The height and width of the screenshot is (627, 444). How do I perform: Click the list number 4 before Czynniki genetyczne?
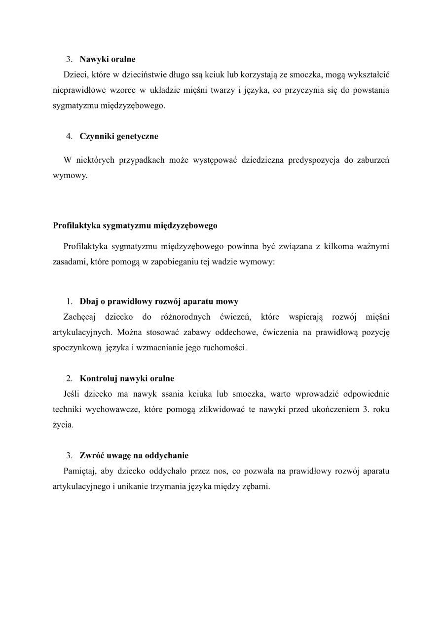(69, 137)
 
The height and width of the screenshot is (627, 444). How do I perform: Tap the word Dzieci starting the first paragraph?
(74, 74)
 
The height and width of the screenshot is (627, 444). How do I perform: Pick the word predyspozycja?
(316, 160)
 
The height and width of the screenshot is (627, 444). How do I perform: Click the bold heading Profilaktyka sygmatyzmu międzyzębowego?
(135, 225)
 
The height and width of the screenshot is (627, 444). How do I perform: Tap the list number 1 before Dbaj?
(69, 301)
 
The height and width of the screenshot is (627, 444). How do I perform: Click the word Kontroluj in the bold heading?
(97, 378)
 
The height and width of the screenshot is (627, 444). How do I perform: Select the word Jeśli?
(73, 394)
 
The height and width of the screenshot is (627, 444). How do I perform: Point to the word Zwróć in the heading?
(91, 455)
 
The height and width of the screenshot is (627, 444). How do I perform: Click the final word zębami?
(256, 486)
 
